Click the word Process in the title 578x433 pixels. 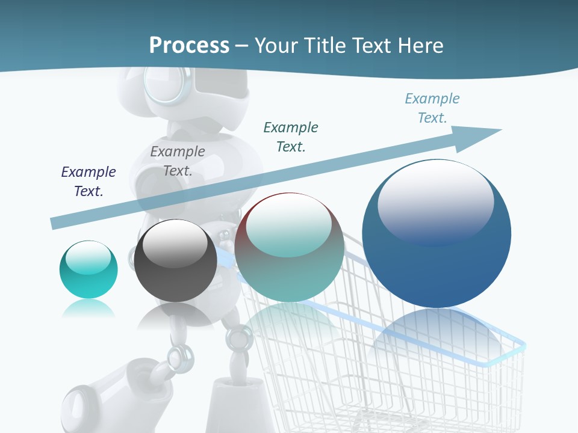click(189, 46)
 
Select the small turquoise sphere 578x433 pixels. click(89, 269)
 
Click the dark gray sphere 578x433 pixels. click(175, 260)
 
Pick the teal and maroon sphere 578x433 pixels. click(289, 247)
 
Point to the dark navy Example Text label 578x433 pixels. click(89, 182)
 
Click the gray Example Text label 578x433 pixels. click(178, 161)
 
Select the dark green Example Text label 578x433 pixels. click(291, 137)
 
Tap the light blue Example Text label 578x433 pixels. click(432, 108)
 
